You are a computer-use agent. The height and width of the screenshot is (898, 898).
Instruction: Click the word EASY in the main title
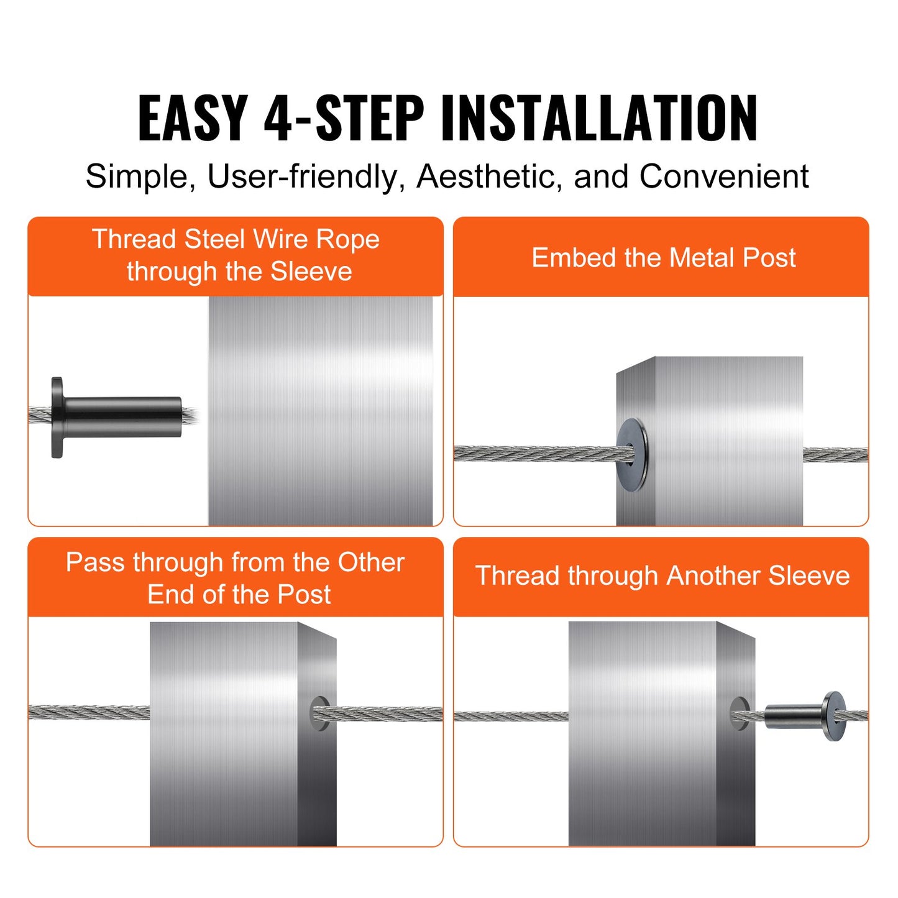[193, 118]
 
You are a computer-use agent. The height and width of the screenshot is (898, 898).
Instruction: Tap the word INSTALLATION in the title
[599, 118]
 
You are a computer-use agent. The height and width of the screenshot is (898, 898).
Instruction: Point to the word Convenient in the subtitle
[724, 176]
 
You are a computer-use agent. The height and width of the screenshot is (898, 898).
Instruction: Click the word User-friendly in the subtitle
[301, 176]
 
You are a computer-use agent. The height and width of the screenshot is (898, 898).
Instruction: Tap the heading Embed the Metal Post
[663, 258]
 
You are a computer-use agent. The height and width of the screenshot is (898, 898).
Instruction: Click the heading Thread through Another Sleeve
[662, 575]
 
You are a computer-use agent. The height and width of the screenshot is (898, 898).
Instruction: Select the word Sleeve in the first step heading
[311, 272]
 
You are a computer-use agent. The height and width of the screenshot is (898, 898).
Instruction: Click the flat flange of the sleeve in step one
[57, 418]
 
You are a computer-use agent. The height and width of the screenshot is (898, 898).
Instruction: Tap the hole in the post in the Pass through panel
[319, 713]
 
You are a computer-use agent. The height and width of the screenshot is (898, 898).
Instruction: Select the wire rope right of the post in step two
[835, 455]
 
